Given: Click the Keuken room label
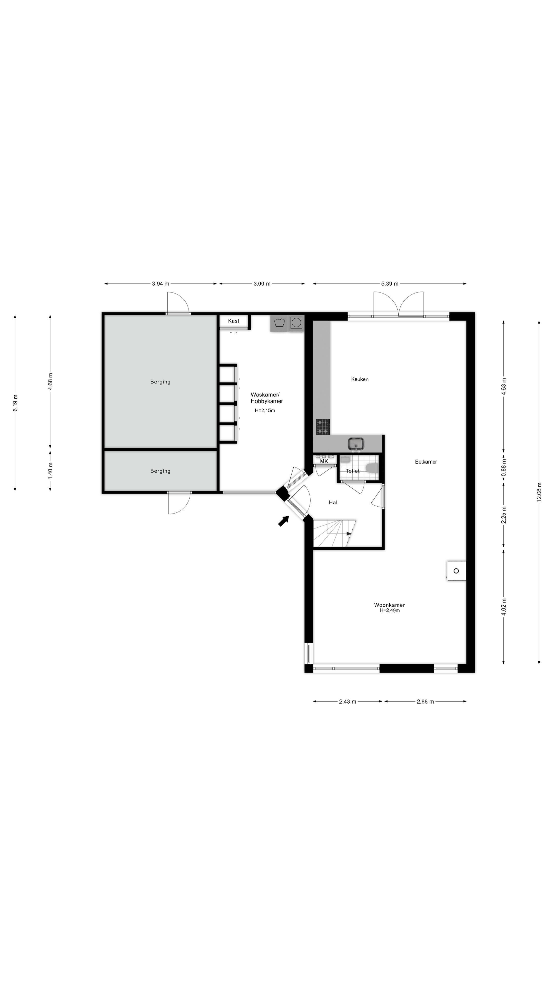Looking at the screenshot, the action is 359,379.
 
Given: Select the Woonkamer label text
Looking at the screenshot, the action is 389,605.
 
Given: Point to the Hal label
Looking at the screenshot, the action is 333,503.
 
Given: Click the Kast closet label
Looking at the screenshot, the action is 234,321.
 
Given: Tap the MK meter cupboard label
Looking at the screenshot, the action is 324,461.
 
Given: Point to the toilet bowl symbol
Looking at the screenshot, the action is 372,468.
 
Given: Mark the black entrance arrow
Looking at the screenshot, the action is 283,521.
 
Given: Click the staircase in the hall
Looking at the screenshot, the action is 334,533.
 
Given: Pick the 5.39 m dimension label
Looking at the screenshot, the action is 390,284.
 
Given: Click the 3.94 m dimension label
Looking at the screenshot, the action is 161,284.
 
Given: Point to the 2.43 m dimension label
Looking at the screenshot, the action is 348,701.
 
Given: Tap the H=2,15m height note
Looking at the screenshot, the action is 265,411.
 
